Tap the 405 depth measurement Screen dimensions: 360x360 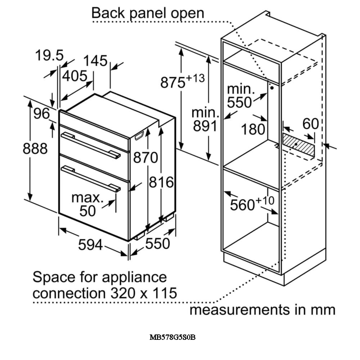[x=75, y=76]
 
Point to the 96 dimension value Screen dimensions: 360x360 [x=41, y=113]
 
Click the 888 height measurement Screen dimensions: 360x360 [x=35, y=148]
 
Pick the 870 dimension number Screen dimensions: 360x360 [x=145, y=157]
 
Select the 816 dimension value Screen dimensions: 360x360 [x=162, y=183]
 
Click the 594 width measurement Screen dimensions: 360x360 [x=91, y=245]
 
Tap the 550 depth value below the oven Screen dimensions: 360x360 [x=157, y=243]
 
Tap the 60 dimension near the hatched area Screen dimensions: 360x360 [x=310, y=124]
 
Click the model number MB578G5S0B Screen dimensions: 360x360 [x=172, y=337]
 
